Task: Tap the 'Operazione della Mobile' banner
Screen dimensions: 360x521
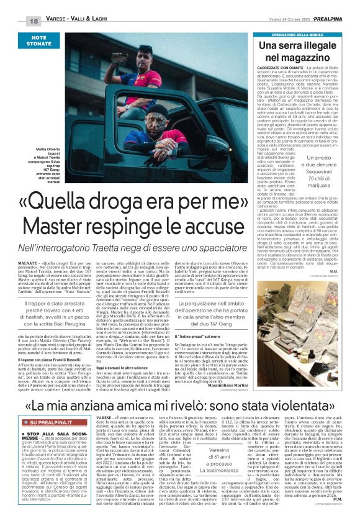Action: [x=292, y=35]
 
